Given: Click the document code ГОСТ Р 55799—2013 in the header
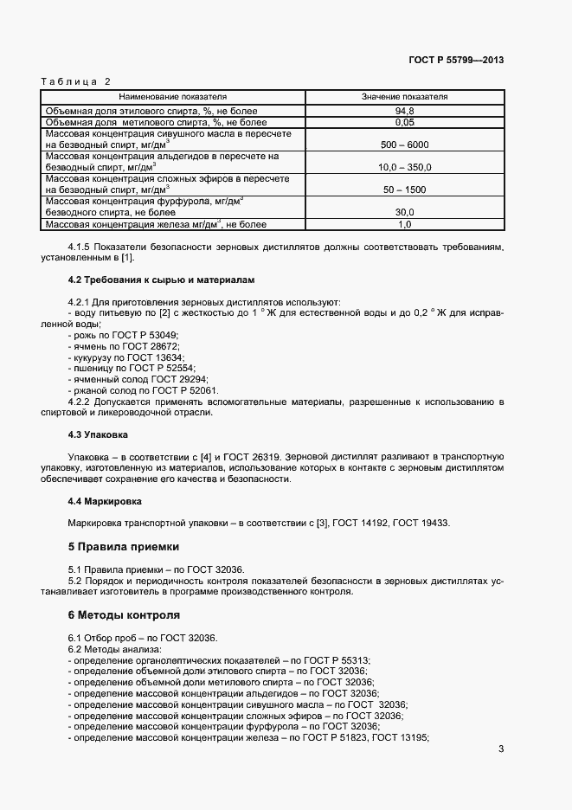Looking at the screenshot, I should point(455,61).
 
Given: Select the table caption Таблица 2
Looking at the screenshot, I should point(76,81).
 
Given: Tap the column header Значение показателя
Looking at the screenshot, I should point(404,97).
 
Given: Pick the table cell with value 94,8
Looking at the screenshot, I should point(404,112).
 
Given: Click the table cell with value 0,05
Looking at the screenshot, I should point(404,123).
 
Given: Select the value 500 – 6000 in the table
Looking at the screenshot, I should point(404,145).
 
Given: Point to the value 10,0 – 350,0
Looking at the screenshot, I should point(404,167).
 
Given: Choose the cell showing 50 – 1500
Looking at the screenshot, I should point(404,189).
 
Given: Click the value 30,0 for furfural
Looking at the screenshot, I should point(404,211).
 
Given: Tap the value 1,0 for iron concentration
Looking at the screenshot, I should point(404,224).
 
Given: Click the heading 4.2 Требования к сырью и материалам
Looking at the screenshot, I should point(161,280).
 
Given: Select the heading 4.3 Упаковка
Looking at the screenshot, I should point(98,434).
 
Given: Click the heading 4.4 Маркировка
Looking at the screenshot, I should point(105,501).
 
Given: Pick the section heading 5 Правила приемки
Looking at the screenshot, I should point(123,547).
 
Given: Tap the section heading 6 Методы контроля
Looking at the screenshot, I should point(124,615).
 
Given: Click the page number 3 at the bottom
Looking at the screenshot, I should point(501,749).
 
